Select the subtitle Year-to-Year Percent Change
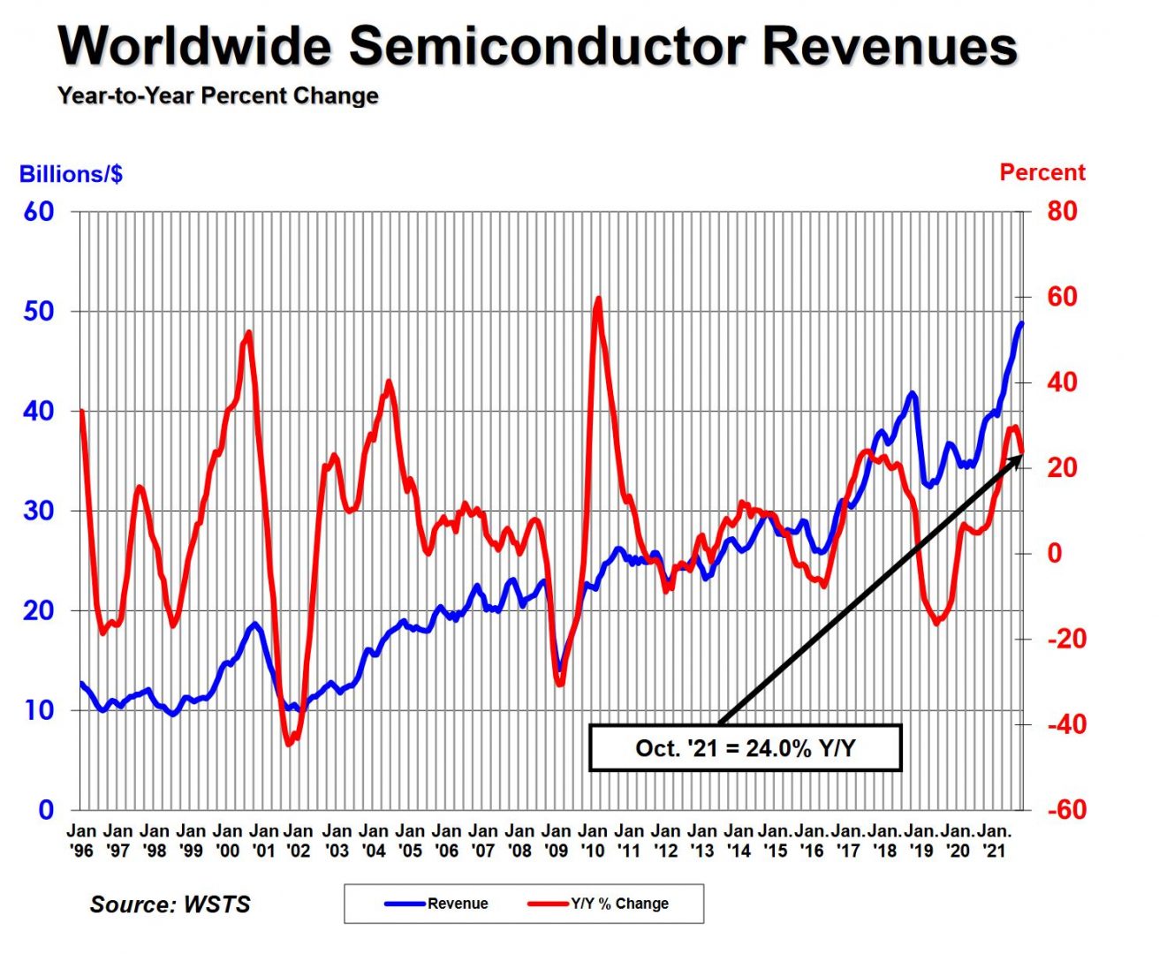click(x=218, y=95)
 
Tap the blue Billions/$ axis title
click(x=71, y=174)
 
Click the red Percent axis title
click(x=1042, y=172)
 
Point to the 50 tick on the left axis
click(x=39, y=311)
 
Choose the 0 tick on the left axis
click(x=46, y=809)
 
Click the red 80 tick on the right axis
click(x=1063, y=211)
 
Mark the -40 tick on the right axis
click(x=1066, y=724)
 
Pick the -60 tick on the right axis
click(x=1066, y=809)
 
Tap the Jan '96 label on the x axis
click(x=82, y=840)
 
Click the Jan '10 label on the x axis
click(x=593, y=840)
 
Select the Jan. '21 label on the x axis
click(x=995, y=840)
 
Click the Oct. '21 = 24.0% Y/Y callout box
click(x=745, y=748)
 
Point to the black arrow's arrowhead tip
click(x=1021, y=454)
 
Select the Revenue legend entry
click(x=437, y=904)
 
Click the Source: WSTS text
click(x=170, y=905)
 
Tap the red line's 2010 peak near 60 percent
click(x=599, y=299)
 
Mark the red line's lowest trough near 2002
click(x=290, y=744)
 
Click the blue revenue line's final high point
click(x=1022, y=322)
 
